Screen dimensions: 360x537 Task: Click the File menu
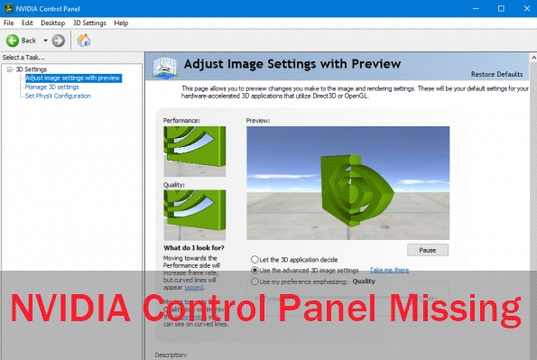click(x=9, y=22)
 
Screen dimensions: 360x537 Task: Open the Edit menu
click(x=28, y=22)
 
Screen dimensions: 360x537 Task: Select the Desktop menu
click(x=53, y=22)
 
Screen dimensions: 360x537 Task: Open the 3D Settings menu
click(x=88, y=22)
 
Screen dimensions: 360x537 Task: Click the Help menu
click(x=122, y=22)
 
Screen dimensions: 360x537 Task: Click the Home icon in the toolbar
click(x=84, y=40)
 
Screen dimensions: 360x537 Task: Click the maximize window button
click(x=501, y=7)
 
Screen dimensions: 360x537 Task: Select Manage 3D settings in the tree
click(x=50, y=87)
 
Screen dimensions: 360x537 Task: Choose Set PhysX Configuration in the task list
click(x=58, y=96)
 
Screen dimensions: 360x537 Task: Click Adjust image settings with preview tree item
click(x=73, y=78)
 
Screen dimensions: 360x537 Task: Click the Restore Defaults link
click(x=496, y=73)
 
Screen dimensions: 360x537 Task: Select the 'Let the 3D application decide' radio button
click(x=255, y=260)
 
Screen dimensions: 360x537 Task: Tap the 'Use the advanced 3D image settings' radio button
click(x=255, y=270)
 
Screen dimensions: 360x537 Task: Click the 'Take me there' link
click(x=389, y=270)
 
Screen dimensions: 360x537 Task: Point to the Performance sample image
click(x=194, y=147)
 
